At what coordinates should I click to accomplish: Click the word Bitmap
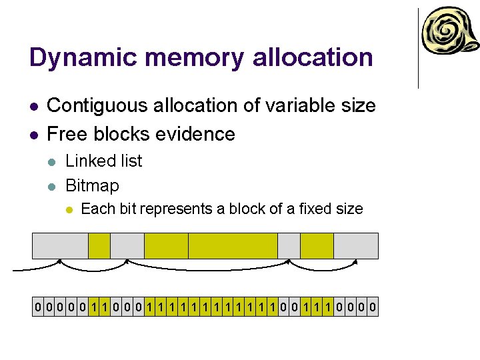point(92,185)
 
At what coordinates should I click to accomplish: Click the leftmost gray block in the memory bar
point(60,245)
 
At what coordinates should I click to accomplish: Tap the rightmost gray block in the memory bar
point(355,245)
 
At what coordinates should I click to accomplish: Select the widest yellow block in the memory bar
point(233,245)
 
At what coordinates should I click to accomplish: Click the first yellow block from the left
point(99,245)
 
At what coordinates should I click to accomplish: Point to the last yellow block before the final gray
point(317,245)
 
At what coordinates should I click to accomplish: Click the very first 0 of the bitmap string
point(39,308)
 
